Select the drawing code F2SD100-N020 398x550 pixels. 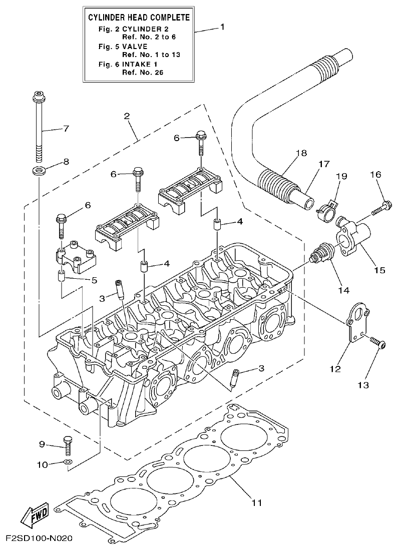pos(40,539)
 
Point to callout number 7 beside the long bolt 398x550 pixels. pos(66,129)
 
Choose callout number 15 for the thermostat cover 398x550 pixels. pos(379,270)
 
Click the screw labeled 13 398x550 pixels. pos(377,344)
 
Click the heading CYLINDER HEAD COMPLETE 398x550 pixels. pos(139,18)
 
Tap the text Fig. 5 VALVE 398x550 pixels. pos(123,46)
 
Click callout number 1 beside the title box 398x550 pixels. pos(222,28)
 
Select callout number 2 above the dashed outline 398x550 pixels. pos(127,116)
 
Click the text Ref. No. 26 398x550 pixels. pos(143,72)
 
